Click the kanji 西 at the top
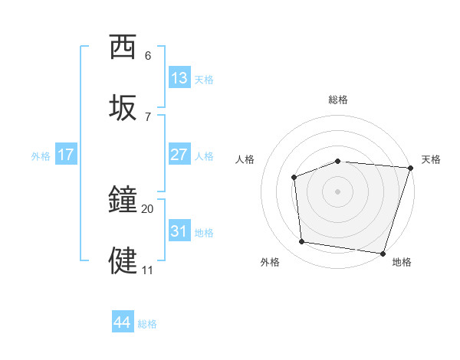[x=123, y=47]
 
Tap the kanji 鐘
[x=123, y=200]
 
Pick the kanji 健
[x=123, y=260]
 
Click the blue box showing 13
[x=179, y=78]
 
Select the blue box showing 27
[x=179, y=155]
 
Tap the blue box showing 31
[x=179, y=231]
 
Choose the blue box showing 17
[x=66, y=155]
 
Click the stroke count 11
[x=147, y=270]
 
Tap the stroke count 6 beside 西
[x=148, y=56]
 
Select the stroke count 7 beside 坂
[x=148, y=116]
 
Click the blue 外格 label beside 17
[x=41, y=155]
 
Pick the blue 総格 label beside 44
[x=147, y=324]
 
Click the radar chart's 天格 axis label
[x=431, y=159]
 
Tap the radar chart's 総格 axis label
[x=337, y=100]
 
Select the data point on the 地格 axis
[x=383, y=253]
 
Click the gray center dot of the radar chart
[x=337, y=191]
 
